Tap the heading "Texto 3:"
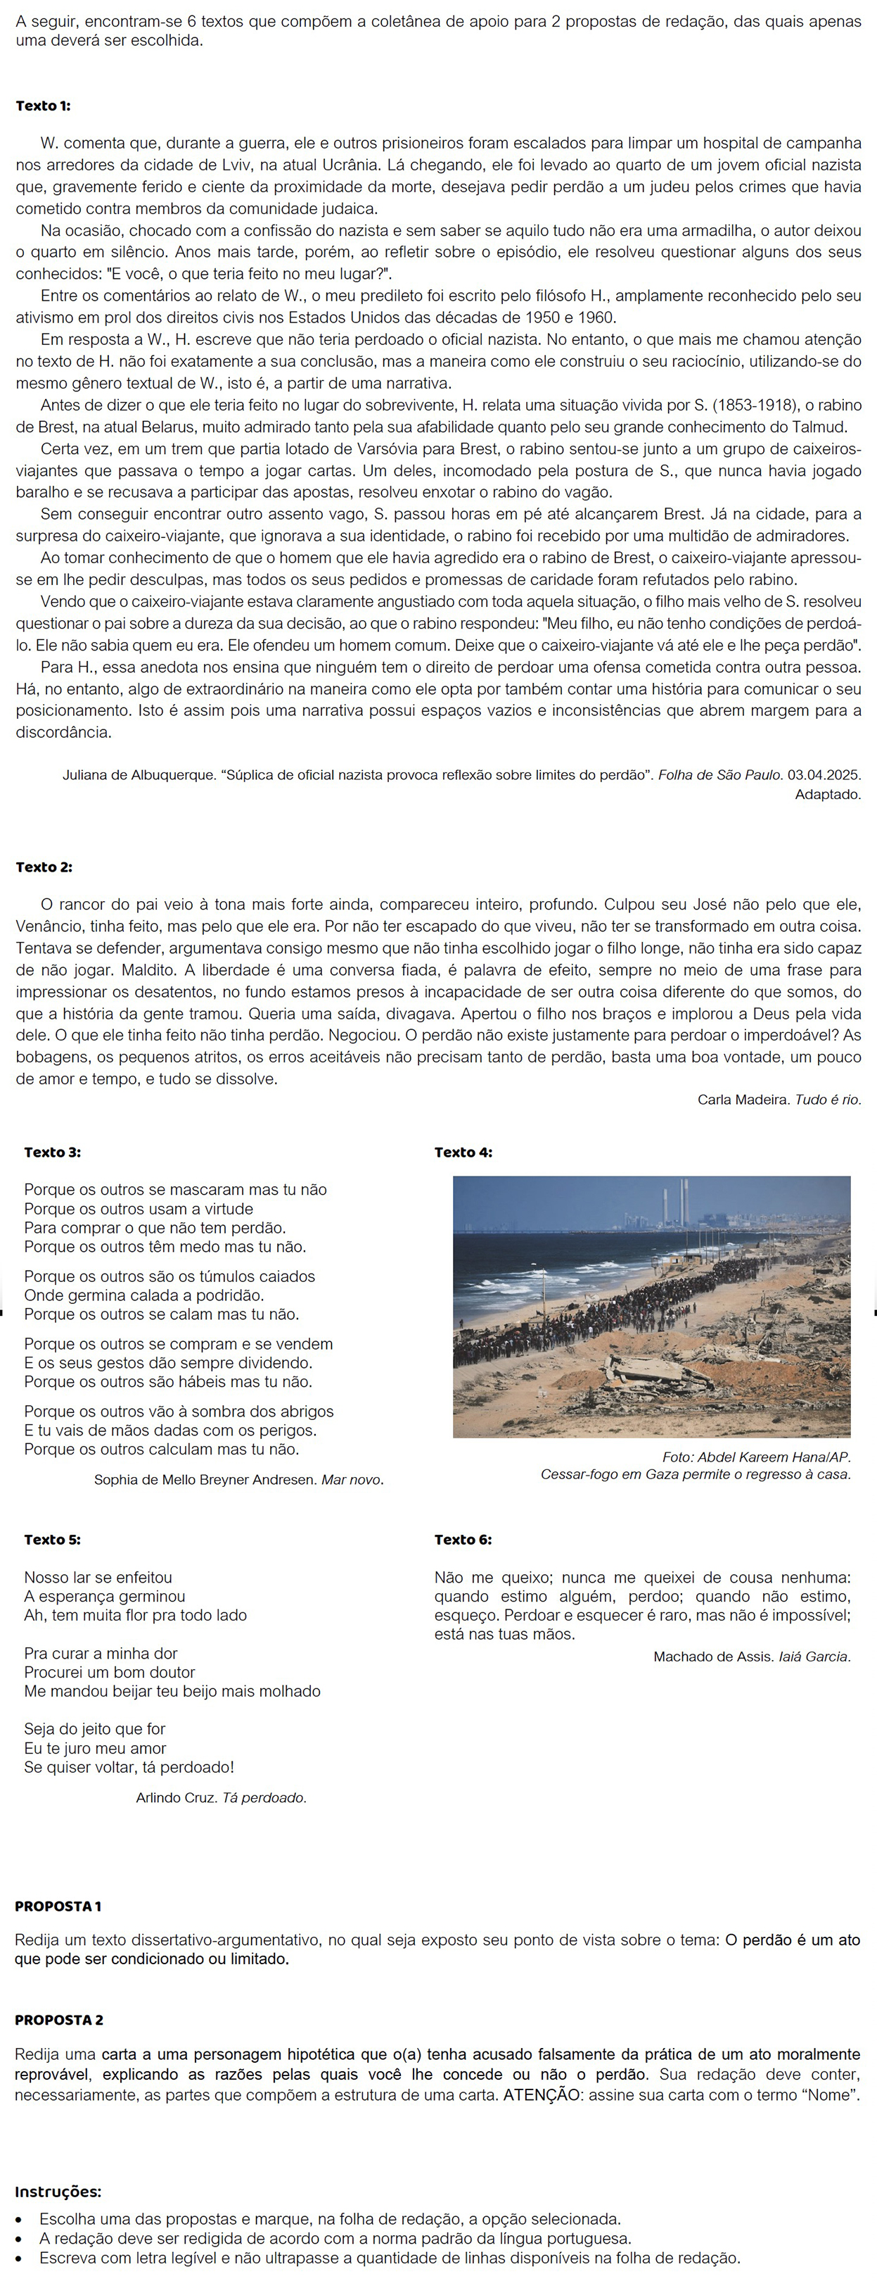point(52,1152)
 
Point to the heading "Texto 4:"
point(463,1152)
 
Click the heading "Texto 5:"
point(52,1539)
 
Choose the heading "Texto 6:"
point(463,1539)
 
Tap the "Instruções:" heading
point(58,2192)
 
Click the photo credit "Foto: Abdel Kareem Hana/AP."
point(756,1457)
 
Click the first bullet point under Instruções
point(20,2219)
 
